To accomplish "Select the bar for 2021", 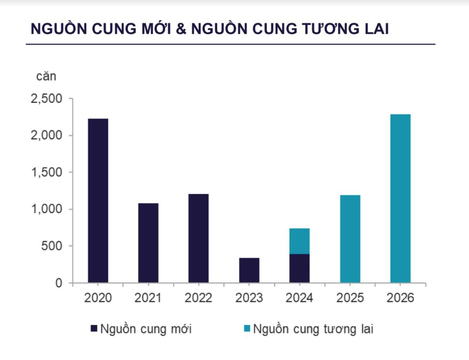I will (x=148, y=243).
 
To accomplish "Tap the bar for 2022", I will (x=198, y=239).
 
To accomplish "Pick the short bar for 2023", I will (x=249, y=270).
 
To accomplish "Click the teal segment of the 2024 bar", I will (x=299, y=241).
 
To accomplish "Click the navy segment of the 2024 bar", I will (x=299, y=268).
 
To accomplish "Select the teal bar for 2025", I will (x=350, y=239).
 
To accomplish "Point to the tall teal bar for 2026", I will (x=400, y=199).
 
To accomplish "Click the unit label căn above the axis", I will (x=46, y=77).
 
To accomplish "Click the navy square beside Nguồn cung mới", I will (x=94, y=329).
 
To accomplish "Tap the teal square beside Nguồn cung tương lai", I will (x=247, y=329).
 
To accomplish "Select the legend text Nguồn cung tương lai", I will (x=313, y=329).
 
